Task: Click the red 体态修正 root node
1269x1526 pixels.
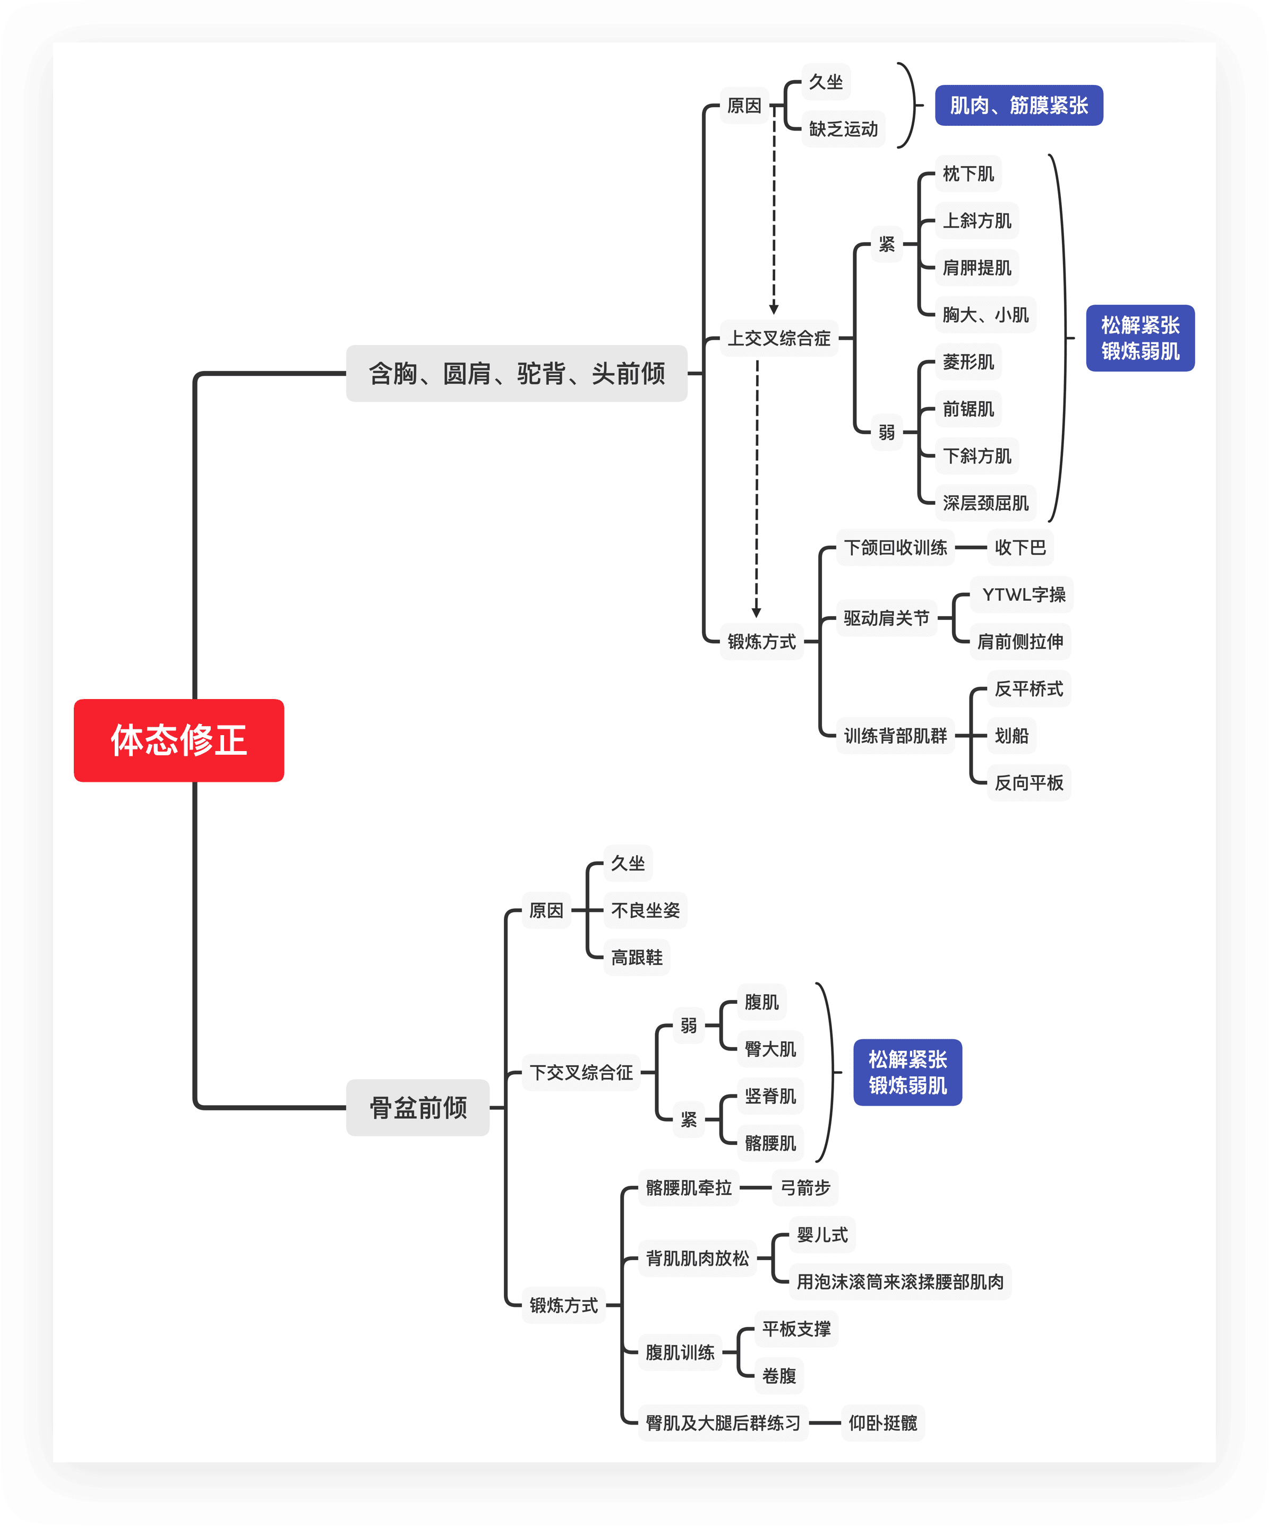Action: pyautogui.click(x=179, y=740)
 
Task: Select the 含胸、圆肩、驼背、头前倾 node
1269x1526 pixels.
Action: pyautogui.click(x=516, y=374)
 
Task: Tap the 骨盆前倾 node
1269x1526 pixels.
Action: pyautogui.click(x=418, y=1107)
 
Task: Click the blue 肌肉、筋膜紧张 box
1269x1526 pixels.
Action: pyautogui.click(x=1018, y=106)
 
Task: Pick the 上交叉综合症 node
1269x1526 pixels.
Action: pyautogui.click(x=779, y=338)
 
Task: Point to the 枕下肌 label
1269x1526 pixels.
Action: pyautogui.click(x=968, y=174)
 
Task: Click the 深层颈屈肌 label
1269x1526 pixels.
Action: pyautogui.click(x=985, y=503)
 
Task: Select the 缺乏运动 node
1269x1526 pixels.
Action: pyautogui.click(x=843, y=130)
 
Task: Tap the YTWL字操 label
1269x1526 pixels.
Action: pyautogui.click(x=1023, y=594)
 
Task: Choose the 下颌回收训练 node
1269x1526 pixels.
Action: pyautogui.click(x=895, y=547)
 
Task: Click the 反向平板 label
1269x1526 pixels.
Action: pyautogui.click(x=1028, y=782)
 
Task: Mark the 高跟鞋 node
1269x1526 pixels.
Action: pyautogui.click(x=637, y=958)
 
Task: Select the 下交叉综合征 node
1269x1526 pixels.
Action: pyautogui.click(x=581, y=1073)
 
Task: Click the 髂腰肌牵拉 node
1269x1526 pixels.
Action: pyautogui.click(x=688, y=1187)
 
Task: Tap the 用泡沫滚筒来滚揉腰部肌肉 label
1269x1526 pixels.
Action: pyautogui.click(x=900, y=1282)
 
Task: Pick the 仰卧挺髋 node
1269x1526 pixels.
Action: pyautogui.click(x=882, y=1423)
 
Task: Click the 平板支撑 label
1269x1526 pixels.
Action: pyautogui.click(x=796, y=1329)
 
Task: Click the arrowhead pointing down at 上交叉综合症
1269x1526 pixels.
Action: pyautogui.click(x=774, y=309)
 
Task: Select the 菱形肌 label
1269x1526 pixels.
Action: pyautogui.click(x=968, y=362)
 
